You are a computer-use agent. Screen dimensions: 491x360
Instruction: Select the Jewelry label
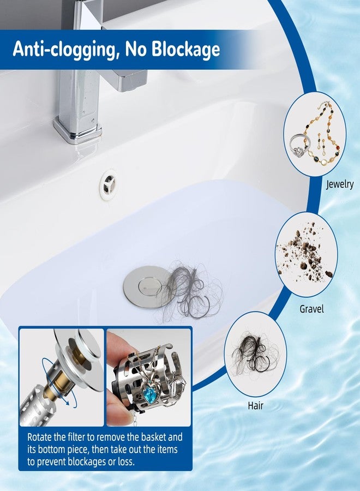pos(339,184)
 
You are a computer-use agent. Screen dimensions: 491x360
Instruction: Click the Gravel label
pos(311,309)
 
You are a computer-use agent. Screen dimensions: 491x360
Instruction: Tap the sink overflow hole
pos(108,183)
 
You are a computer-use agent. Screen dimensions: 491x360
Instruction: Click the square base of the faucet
pos(76,131)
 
